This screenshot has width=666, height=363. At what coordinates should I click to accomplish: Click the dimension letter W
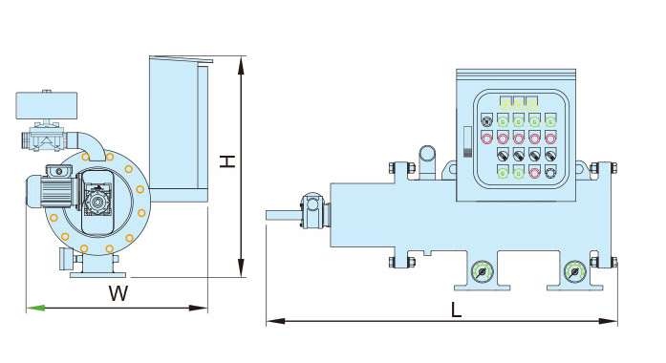click(118, 293)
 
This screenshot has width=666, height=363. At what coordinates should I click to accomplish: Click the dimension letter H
click(227, 161)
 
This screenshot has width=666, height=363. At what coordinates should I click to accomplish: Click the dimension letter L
click(456, 310)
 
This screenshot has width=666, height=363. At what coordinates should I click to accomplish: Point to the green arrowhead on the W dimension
click(35, 308)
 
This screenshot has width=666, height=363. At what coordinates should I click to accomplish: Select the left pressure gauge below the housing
click(483, 271)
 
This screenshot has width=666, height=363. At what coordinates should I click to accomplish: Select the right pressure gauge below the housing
click(574, 271)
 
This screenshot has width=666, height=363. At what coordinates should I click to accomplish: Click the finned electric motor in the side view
click(51, 191)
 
